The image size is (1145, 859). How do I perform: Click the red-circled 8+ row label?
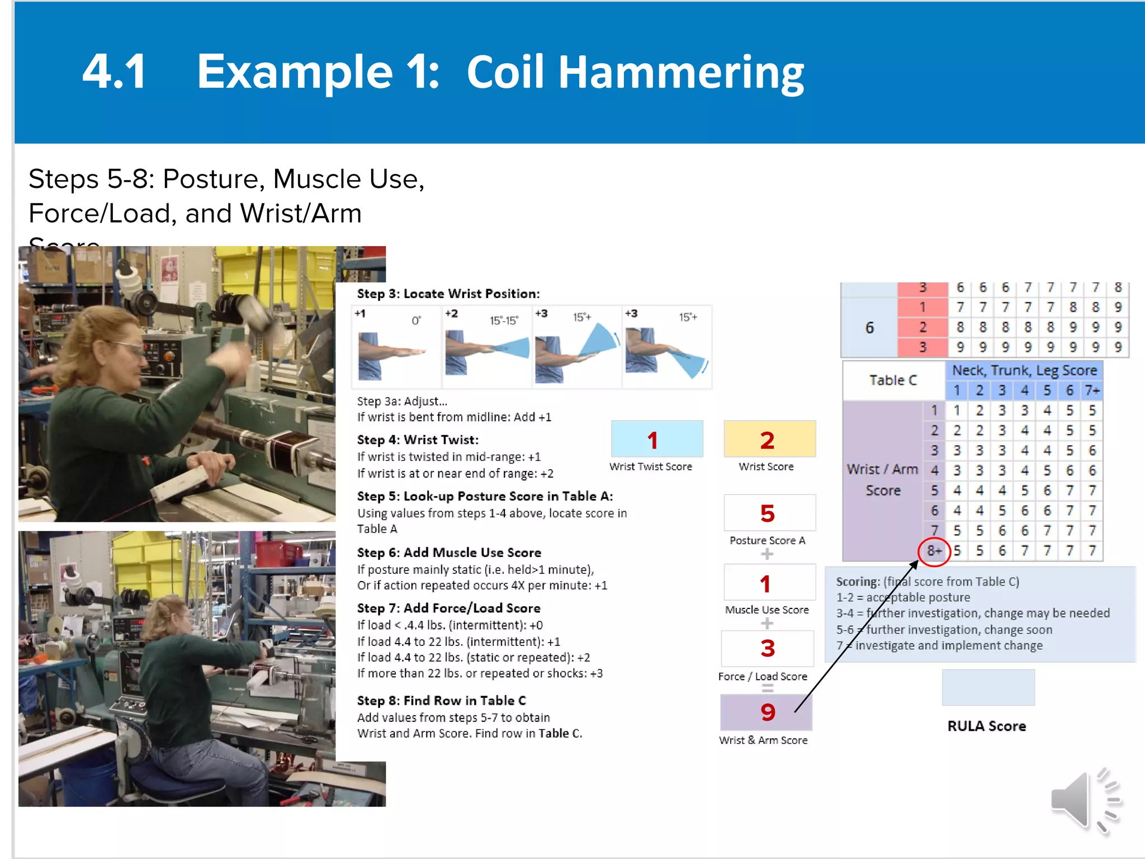click(934, 551)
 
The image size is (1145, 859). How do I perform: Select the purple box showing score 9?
click(767, 712)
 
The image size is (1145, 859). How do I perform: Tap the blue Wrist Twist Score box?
click(657, 440)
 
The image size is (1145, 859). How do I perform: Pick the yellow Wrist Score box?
click(769, 440)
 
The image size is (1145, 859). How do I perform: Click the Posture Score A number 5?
click(768, 513)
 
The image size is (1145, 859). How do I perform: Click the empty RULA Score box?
click(988, 687)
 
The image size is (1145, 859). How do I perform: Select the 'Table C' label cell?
click(893, 380)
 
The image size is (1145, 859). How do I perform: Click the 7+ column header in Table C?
click(1092, 390)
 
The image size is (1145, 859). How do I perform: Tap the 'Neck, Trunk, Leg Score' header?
click(1024, 370)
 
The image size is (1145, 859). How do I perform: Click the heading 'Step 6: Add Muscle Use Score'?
click(449, 553)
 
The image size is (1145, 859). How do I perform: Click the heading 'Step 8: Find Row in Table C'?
click(441, 700)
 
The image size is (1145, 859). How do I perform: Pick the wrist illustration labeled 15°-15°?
click(487, 347)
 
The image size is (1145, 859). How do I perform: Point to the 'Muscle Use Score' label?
click(767, 610)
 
